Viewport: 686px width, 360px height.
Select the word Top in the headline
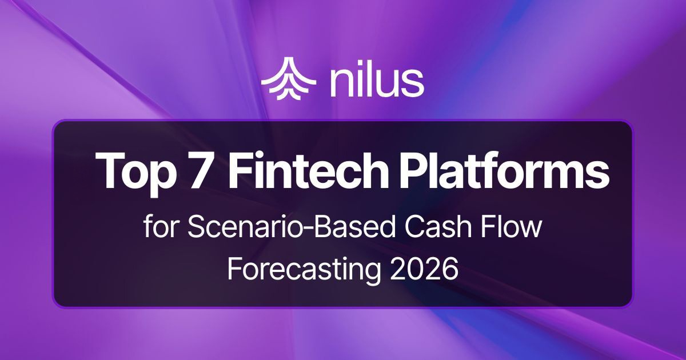[134, 171]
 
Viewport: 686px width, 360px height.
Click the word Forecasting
[304, 267]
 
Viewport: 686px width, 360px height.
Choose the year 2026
[424, 267]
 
